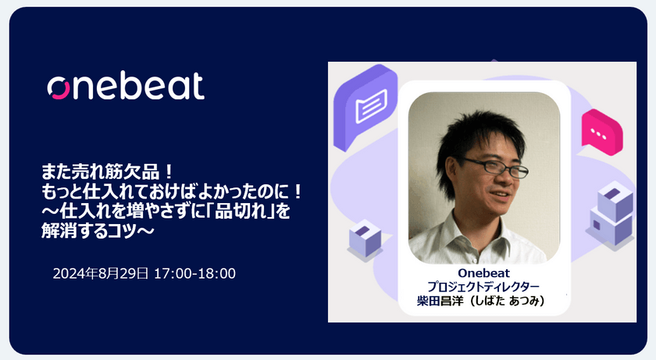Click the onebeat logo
[x=126, y=86]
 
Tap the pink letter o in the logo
[x=59, y=88]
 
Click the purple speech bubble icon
[x=365, y=107]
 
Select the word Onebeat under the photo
[x=483, y=273]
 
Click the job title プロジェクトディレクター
[x=483, y=287]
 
